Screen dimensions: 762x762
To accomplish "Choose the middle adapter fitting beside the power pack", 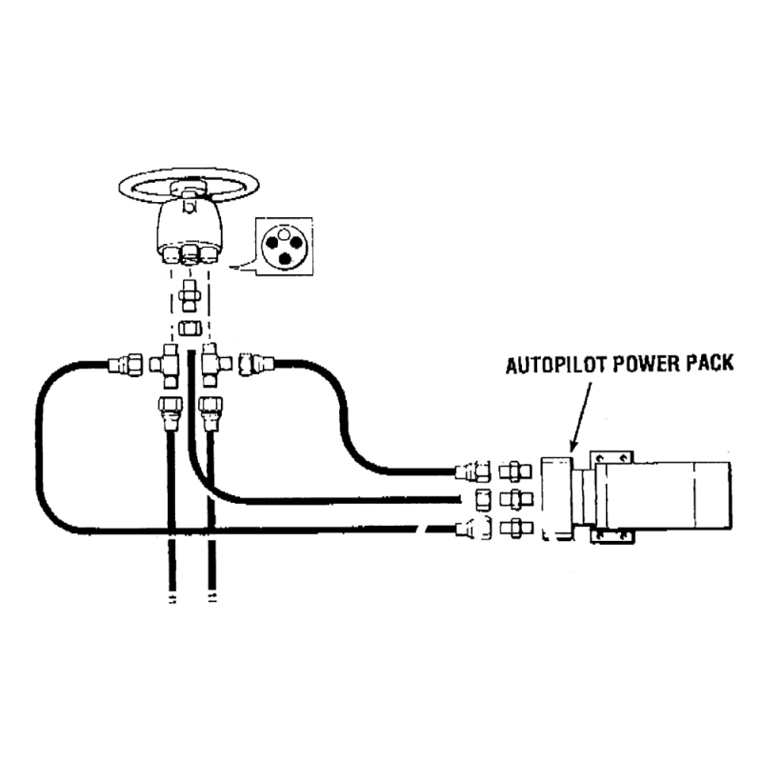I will click(x=512, y=499).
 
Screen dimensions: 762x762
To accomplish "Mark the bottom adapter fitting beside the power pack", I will click(x=512, y=530).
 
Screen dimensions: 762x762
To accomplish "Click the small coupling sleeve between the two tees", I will click(x=189, y=330).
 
